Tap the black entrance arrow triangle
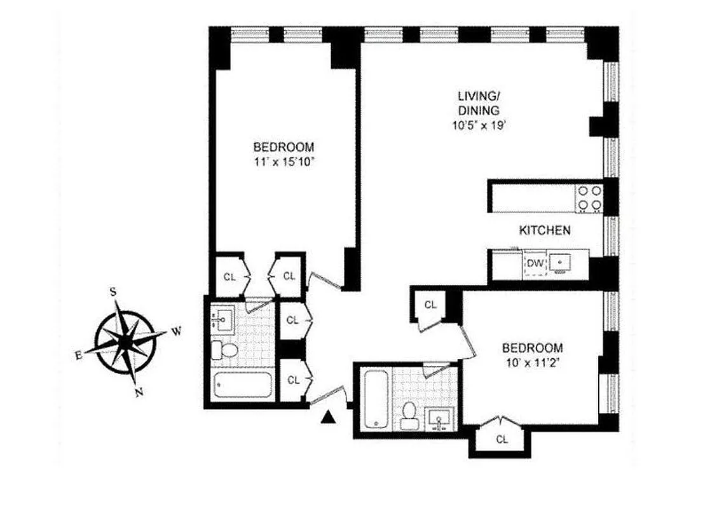pos(329,417)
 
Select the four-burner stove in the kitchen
pos(589,197)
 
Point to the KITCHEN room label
pos(545,231)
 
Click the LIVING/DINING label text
pos(479,103)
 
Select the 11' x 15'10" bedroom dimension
pos(283,162)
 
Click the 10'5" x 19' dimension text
pos(479,125)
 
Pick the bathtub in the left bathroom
pos(243,386)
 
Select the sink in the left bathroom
pos(223,318)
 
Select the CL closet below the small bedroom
pos(502,438)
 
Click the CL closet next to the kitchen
pos(430,305)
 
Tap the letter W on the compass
pos(178,331)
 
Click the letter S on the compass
pos(113,291)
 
